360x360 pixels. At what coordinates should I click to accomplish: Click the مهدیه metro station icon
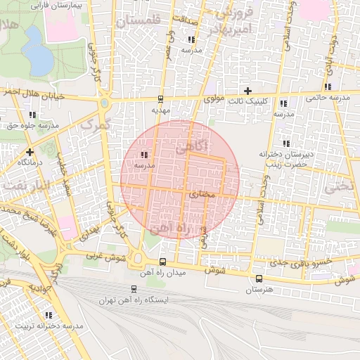click(x=161, y=99)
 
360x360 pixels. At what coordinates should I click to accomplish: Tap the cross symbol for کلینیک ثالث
click(x=247, y=90)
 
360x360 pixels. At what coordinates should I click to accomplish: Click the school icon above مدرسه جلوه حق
click(x=32, y=114)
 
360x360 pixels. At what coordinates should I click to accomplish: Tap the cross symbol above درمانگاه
click(x=30, y=151)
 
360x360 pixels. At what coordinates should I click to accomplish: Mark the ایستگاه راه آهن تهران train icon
click(x=134, y=289)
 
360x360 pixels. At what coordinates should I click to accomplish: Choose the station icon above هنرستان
click(x=260, y=278)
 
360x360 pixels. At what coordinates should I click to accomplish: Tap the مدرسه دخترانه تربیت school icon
click(x=49, y=316)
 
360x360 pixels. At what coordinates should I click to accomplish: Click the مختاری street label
click(x=202, y=193)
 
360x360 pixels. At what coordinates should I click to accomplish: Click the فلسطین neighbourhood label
click(x=139, y=22)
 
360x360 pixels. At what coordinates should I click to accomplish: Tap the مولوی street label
click(x=214, y=100)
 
